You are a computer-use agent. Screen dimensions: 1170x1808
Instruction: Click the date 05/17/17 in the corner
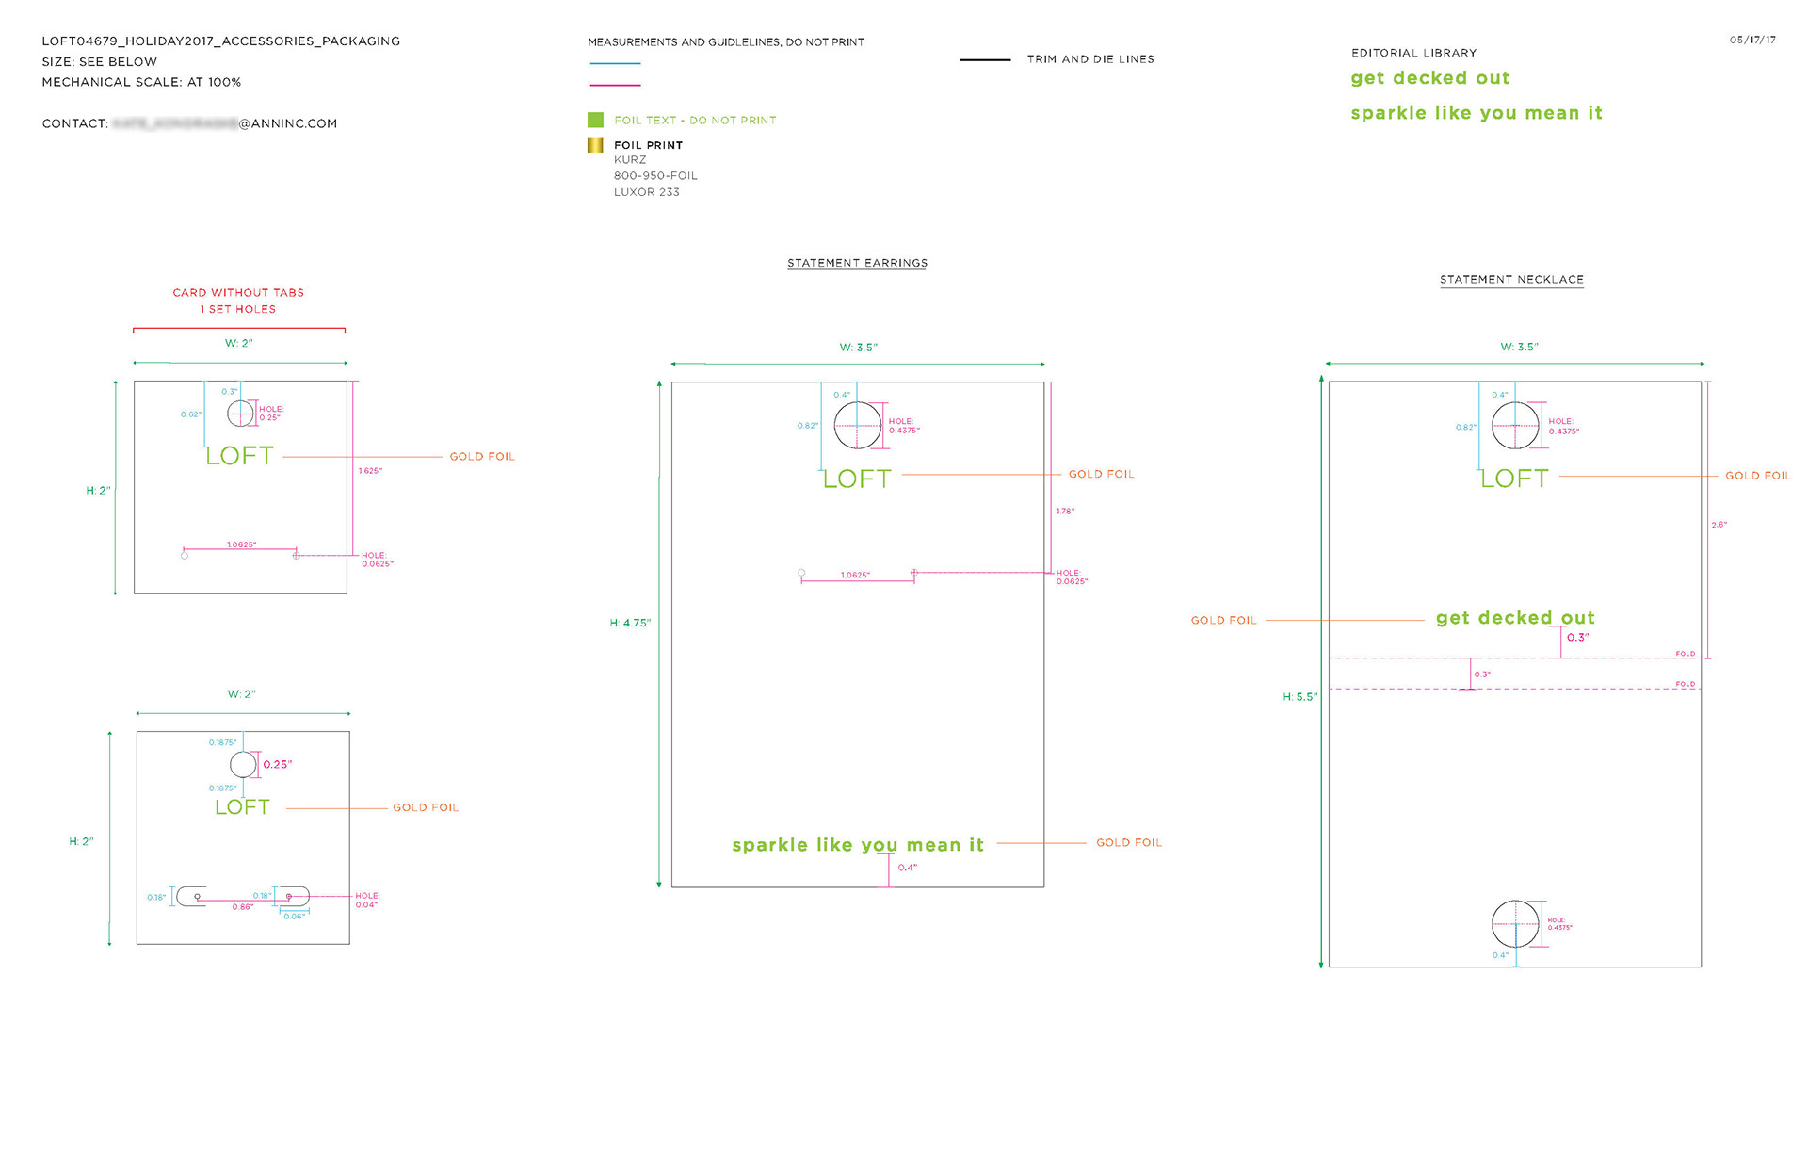pos(1751,40)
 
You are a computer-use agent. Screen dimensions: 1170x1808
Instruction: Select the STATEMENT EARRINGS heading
pos(857,263)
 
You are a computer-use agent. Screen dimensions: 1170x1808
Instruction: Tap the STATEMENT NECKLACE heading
pos(1511,280)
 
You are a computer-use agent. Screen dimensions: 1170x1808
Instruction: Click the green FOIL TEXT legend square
pos(595,120)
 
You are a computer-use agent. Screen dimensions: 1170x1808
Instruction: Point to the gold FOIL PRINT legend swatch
pos(595,145)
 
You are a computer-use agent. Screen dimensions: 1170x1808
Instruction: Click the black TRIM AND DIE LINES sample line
pos(985,59)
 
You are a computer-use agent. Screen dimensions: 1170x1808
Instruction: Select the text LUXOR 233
pos(646,192)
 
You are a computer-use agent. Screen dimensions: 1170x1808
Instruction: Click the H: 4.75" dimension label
pos(630,623)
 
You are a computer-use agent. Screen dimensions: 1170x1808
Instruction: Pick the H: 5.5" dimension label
pos(1299,697)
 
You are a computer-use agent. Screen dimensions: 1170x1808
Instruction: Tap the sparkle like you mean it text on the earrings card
pos(857,845)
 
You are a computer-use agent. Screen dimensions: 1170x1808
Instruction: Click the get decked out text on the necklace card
pos(1514,618)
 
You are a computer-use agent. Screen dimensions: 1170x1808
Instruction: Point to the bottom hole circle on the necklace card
pos(1515,923)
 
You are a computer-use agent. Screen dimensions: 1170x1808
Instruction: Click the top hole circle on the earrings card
pos(857,426)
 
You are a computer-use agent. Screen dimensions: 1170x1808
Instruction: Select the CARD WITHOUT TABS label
pos(238,293)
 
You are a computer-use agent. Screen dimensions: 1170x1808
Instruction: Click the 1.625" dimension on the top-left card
pos(370,471)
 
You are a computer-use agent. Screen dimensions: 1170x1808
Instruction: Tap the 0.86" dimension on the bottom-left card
pos(243,907)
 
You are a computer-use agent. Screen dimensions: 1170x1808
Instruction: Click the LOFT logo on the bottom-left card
pos(242,807)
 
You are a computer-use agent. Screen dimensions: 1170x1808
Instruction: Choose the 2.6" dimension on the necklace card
pos(1719,525)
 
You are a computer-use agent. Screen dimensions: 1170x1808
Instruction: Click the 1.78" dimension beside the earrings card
pos(1065,512)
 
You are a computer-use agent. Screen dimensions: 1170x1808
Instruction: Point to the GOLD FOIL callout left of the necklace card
pos(1223,621)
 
